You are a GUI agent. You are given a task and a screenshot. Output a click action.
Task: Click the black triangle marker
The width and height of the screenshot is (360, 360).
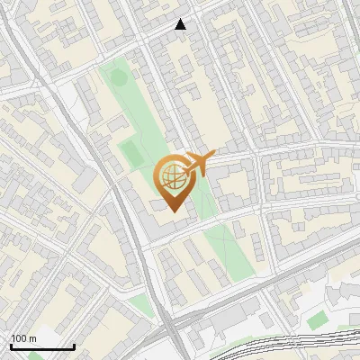(181, 24)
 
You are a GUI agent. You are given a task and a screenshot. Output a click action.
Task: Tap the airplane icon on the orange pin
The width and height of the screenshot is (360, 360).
(198, 164)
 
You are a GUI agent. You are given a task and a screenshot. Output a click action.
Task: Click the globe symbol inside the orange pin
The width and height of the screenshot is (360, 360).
(172, 176)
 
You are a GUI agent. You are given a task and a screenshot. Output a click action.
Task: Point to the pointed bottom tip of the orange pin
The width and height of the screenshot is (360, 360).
(172, 213)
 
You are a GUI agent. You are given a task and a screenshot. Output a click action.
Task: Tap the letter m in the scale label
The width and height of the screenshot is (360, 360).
(33, 338)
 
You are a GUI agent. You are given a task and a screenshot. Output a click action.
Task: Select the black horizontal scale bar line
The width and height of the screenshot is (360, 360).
(42, 346)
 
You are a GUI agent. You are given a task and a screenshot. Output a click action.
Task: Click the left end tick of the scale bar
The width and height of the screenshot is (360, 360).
(11, 346)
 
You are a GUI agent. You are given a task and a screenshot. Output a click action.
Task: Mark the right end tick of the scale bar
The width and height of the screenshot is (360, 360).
(74, 346)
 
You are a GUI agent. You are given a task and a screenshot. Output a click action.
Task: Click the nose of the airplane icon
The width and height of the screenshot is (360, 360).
(214, 158)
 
